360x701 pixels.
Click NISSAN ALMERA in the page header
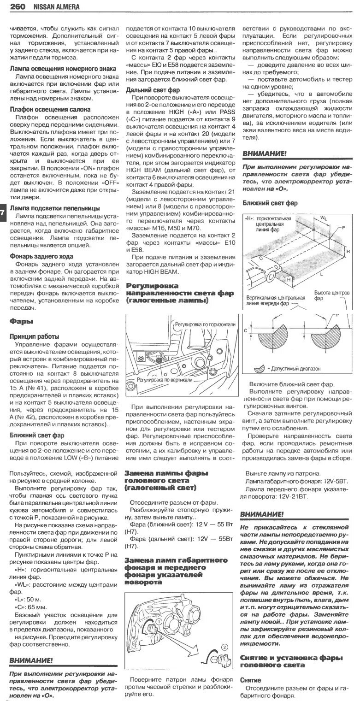point(55,7)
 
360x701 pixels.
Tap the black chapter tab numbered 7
point(2,212)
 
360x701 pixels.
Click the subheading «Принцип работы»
point(34,336)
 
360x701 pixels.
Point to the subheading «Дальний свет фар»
point(153,90)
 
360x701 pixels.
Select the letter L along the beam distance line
point(322,274)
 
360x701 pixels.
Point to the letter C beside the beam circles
point(246,331)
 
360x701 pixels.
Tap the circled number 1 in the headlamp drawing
point(158,622)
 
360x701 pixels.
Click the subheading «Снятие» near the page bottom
point(250,680)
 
